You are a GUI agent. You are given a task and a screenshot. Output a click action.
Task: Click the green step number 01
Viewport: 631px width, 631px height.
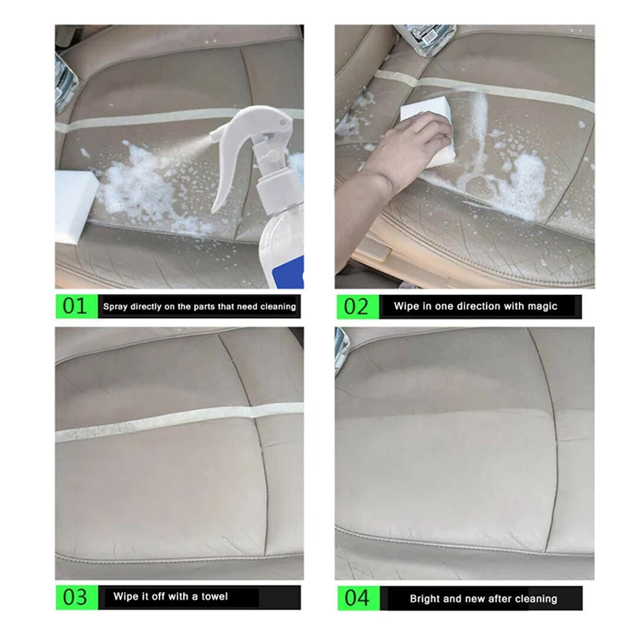tap(75, 306)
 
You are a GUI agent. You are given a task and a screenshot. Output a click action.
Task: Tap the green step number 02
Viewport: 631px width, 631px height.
tap(357, 307)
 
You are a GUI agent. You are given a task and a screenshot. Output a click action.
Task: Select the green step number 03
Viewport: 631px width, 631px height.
tap(75, 597)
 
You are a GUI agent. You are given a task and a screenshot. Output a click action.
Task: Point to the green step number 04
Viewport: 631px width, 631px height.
tap(357, 598)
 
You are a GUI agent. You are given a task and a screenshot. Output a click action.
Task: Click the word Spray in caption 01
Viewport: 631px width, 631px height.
tap(114, 307)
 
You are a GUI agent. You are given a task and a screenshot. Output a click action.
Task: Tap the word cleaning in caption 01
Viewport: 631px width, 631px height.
tap(278, 307)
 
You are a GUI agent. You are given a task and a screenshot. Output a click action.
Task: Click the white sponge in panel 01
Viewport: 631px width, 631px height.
tap(76, 206)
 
